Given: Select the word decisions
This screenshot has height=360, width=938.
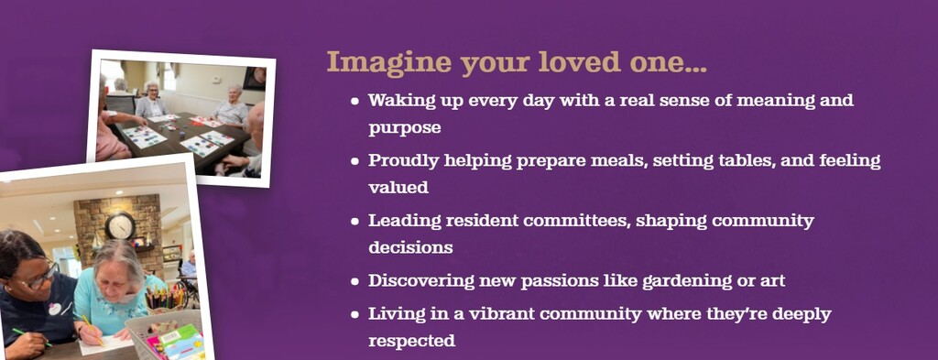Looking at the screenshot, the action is pos(410,247).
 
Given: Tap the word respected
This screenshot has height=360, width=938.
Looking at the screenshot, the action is pos(411,342).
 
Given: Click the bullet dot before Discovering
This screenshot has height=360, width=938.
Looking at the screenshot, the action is pos(355,281).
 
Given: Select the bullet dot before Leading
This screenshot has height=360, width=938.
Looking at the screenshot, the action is pos(355,222).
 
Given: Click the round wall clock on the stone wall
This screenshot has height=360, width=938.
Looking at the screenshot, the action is pos(120,225).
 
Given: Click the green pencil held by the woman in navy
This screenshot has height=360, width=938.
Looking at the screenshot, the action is pos(31,337).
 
